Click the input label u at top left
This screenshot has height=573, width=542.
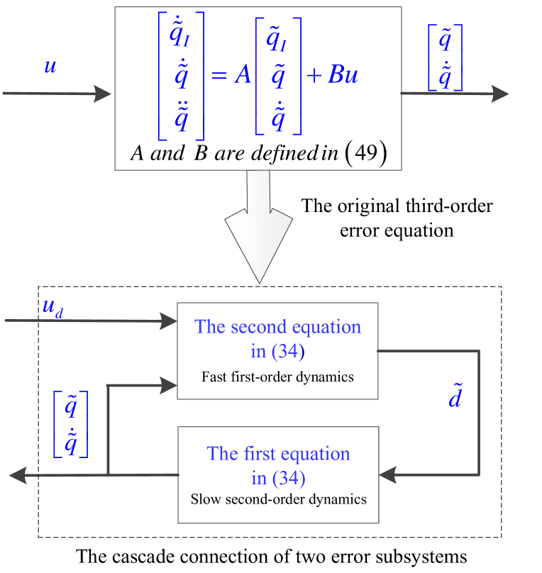coord(50,67)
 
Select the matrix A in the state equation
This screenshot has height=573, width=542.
coord(243,74)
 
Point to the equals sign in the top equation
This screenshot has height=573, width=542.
coord(220,75)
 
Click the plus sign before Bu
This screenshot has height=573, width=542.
coord(314,75)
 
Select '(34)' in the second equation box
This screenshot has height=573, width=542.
coord(288,351)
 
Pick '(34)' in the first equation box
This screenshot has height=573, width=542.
coord(288,479)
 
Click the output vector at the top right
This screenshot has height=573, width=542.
coord(445,57)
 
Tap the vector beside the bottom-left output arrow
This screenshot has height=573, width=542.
coord(70,424)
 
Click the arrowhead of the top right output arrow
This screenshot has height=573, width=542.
coord(501,94)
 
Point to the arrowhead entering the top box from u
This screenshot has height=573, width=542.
coord(104,94)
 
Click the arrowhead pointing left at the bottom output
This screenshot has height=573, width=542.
coord(18,475)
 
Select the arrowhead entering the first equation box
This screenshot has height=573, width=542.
coord(387,475)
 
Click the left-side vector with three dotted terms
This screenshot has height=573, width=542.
coord(181,75)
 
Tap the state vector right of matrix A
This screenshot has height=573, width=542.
coord(278,75)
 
